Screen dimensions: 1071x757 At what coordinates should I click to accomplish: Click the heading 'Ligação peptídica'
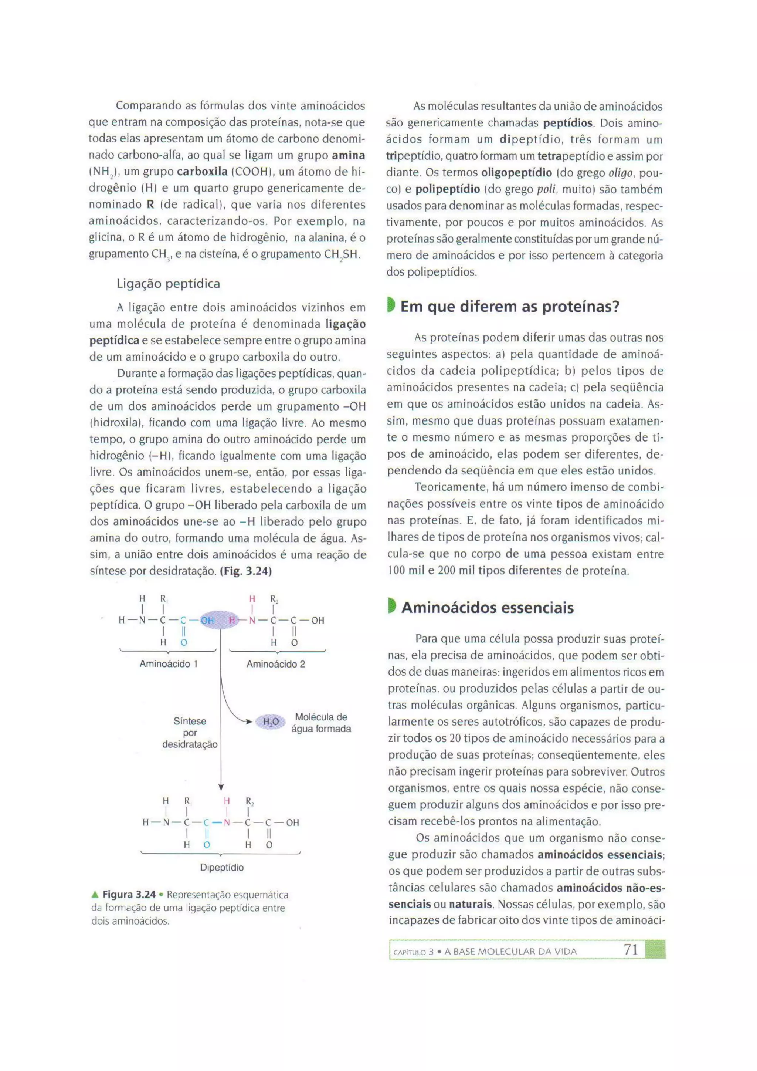[168, 284]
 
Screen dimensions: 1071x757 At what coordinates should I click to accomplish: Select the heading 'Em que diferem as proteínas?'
[510, 307]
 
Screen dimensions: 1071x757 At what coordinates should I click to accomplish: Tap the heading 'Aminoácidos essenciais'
[487, 608]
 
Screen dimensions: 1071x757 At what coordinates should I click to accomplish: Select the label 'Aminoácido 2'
[276, 664]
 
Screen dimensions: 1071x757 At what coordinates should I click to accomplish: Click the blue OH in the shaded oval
[207, 621]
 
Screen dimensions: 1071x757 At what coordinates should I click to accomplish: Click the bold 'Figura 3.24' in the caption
[129, 895]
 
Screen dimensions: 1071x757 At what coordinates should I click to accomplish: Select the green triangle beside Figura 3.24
[95, 895]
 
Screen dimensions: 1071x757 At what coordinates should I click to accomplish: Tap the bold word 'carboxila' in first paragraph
[202, 172]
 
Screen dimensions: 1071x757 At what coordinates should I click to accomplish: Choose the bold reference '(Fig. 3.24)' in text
[246, 571]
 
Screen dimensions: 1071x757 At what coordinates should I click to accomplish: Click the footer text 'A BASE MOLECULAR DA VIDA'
[510, 952]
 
